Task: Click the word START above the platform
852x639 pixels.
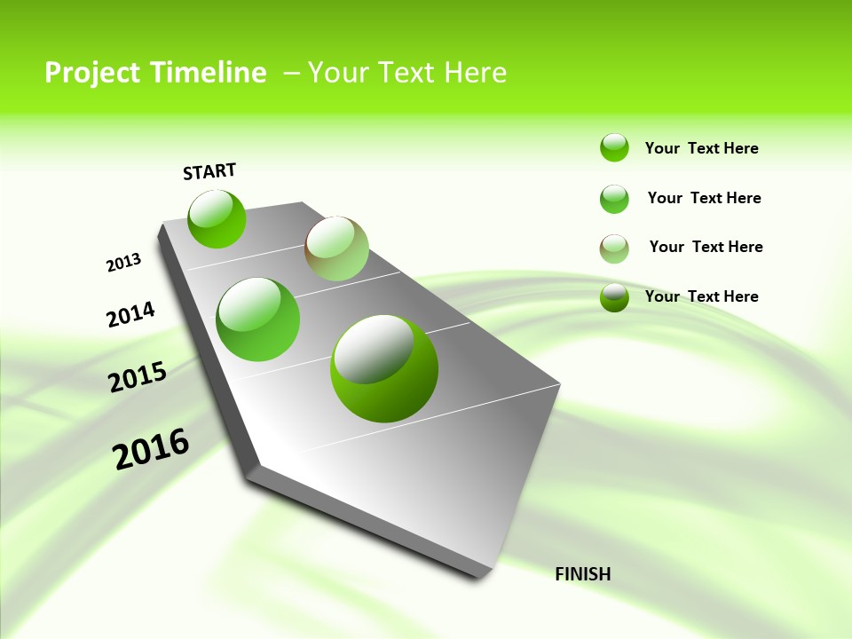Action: (x=209, y=171)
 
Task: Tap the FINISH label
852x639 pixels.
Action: (x=582, y=574)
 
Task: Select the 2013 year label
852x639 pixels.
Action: (x=124, y=263)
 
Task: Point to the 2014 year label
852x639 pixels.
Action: (x=130, y=315)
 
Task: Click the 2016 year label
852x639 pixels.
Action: (x=151, y=449)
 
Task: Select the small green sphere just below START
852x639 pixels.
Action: (x=217, y=218)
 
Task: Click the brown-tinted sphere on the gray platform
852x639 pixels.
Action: (x=336, y=248)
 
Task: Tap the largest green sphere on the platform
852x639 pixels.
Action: (x=384, y=368)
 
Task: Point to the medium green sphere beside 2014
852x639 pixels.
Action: (x=258, y=319)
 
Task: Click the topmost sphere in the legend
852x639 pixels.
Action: (x=614, y=147)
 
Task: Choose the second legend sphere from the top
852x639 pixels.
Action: (x=614, y=199)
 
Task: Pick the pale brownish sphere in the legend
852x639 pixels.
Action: (x=614, y=248)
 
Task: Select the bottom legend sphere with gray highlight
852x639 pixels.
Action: (x=614, y=297)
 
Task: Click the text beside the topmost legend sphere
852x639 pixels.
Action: (x=701, y=148)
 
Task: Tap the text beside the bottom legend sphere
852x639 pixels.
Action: (x=701, y=296)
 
